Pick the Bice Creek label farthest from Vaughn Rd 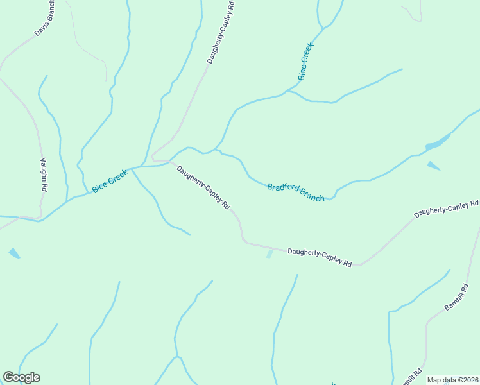[305, 62]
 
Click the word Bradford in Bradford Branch [284, 188]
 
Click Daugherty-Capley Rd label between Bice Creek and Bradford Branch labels [203, 188]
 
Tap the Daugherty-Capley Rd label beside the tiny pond [320, 257]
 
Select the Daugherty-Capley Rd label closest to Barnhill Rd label [446, 209]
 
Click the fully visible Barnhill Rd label [456, 297]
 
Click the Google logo [21, 377]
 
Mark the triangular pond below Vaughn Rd [14, 253]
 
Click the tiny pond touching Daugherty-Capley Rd [270, 254]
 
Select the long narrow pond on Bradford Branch [438, 142]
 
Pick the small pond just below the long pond [434, 166]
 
